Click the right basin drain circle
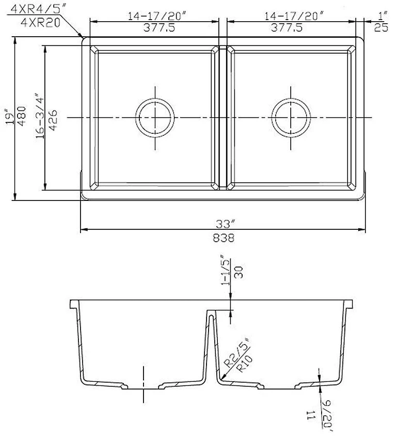pyautogui.click(x=292, y=117)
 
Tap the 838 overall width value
pyautogui.click(x=223, y=238)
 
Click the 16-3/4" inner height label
pyautogui.click(x=39, y=116)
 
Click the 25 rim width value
pyautogui.click(x=381, y=28)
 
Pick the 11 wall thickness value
pyautogui.click(x=312, y=413)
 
